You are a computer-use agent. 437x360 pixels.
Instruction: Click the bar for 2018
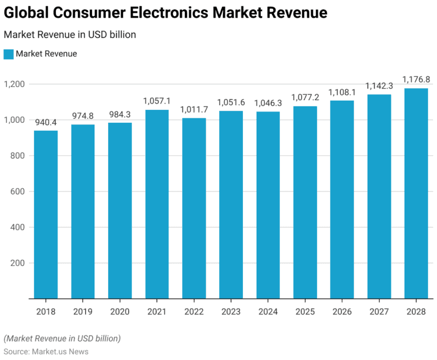click(x=46, y=214)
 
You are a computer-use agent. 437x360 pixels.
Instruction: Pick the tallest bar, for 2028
click(x=416, y=193)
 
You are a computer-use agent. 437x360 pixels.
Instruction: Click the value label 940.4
click(x=46, y=122)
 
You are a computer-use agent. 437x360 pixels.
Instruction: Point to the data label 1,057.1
click(x=157, y=101)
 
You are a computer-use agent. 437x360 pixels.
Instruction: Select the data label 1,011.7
click(x=194, y=109)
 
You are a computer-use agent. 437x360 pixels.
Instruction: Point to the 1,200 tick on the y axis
click(x=14, y=84)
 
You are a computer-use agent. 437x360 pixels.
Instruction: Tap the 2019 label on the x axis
click(x=83, y=311)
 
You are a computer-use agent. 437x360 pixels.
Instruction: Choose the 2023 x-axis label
click(x=231, y=311)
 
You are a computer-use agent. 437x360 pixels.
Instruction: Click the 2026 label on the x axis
click(x=342, y=311)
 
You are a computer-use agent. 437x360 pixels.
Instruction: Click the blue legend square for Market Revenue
click(x=8, y=54)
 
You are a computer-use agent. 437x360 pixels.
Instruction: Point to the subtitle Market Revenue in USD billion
click(x=69, y=35)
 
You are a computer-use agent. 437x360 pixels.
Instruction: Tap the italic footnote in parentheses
click(x=62, y=338)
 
